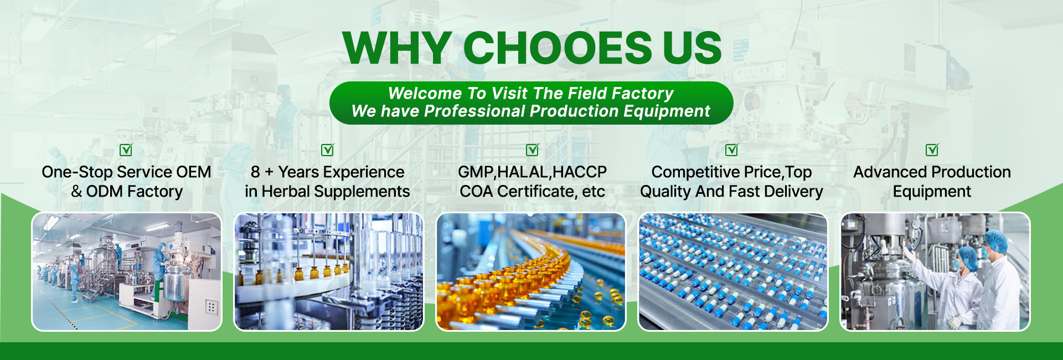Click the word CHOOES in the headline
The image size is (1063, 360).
tap(558, 48)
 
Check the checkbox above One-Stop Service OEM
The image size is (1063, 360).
tap(126, 150)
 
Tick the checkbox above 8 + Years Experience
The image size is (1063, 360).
tap(328, 150)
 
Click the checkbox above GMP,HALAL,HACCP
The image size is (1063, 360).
tap(533, 150)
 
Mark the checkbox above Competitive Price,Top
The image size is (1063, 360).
tap(732, 150)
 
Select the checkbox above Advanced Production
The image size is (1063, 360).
tap(932, 150)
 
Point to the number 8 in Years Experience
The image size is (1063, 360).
tap(255, 172)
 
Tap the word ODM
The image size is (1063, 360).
tap(104, 192)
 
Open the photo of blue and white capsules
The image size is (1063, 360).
tap(733, 272)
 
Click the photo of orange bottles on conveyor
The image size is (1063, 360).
tap(531, 272)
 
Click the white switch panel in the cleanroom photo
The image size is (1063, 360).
tap(211, 307)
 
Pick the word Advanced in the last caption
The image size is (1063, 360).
tap(885, 172)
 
